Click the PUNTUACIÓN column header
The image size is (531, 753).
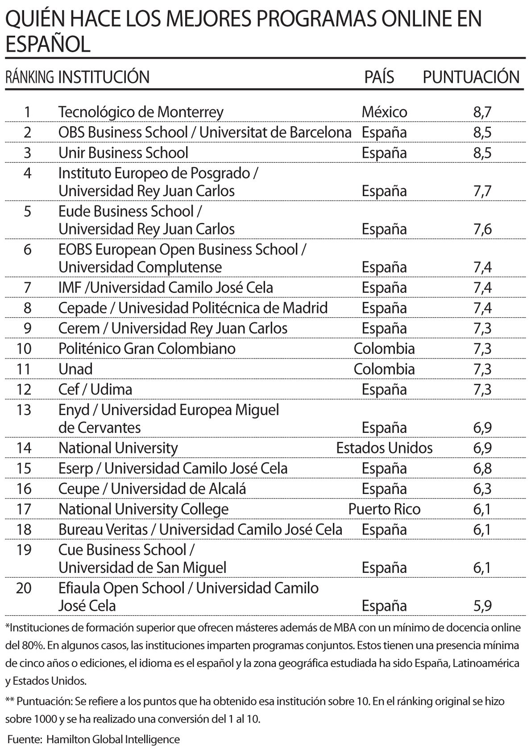point(471,77)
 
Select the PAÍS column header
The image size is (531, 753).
point(379,77)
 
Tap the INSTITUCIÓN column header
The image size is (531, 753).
point(104,77)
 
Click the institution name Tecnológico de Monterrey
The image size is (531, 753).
point(141,112)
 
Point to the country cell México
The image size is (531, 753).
point(384,112)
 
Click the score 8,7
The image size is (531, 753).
point(482,112)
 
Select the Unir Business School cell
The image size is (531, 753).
point(123,153)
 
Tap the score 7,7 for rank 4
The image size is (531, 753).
point(482,191)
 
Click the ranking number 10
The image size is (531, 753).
point(24,348)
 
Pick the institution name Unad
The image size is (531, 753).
point(75,369)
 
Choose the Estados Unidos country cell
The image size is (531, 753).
point(384,448)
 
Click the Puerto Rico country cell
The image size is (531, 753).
point(384,509)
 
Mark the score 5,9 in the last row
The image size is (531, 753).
point(482,606)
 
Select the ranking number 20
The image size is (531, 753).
point(24,588)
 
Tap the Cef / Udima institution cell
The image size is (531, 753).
point(95,390)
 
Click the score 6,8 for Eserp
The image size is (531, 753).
point(482,468)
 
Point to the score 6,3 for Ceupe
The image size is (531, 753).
point(482,489)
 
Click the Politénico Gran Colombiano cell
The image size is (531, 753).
point(147,348)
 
